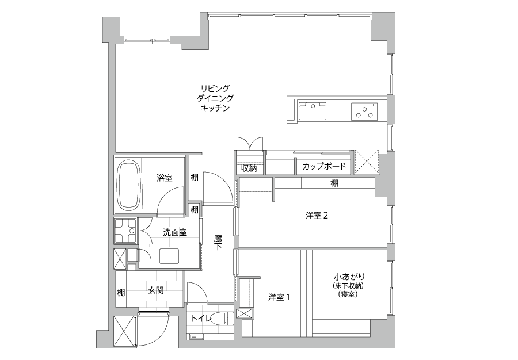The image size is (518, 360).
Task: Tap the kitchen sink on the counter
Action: coord(312,111)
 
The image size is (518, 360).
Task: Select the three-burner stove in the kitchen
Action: coord(364,111)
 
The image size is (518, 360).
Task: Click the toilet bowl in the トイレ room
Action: coord(220,319)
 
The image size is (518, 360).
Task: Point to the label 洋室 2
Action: coord(317,216)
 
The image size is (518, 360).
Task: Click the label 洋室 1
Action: coord(279,297)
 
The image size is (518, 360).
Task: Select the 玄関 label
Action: coord(155,291)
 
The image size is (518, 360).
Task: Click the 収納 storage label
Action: coord(249,168)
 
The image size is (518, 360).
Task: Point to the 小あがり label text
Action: coord(349,277)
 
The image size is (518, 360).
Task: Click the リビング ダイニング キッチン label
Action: coord(215,98)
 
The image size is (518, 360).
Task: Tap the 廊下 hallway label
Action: coord(218,242)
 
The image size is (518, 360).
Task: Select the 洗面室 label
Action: coord(175,232)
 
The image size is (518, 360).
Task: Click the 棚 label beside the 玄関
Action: coord(121,292)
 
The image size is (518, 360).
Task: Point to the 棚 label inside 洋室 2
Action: coord(334,183)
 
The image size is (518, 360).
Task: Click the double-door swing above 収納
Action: coord(250,144)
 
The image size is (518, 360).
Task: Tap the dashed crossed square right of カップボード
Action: coord(367,162)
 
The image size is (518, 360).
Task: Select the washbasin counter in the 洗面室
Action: coord(169,256)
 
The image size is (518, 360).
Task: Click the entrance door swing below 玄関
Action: coord(153,328)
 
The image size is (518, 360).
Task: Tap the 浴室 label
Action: coord(164,178)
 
